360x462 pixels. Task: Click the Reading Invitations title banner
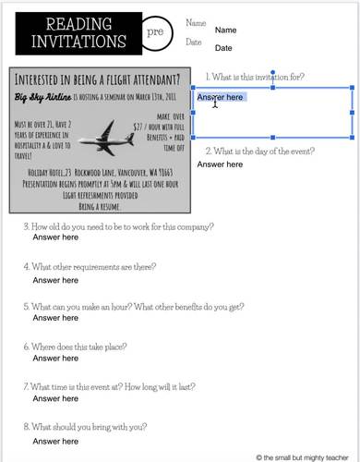coord(73,33)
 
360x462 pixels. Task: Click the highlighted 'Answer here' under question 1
coord(221,97)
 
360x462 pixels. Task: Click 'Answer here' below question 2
coord(221,164)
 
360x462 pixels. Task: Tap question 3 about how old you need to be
coord(118,226)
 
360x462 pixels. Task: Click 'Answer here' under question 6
coord(56,359)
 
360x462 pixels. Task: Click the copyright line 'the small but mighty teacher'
coord(307,456)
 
